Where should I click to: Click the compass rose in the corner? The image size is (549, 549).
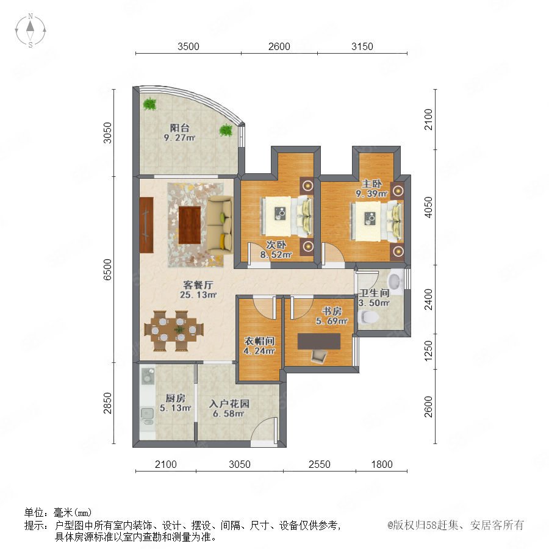pyautogui.click(x=30, y=30)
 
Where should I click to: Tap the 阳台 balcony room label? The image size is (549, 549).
pyautogui.click(x=179, y=128)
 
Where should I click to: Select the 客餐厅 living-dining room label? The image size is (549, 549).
pyautogui.click(x=198, y=285)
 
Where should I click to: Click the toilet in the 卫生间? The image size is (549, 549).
pyautogui.click(x=368, y=317)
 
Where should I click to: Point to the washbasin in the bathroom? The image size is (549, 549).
pyautogui.click(x=395, y=281)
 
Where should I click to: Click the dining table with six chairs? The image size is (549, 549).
pyautogui.click(x=174, y=330)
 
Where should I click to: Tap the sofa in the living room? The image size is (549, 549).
pyautogui.click(x=220, y=225)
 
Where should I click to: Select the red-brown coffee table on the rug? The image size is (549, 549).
pyautogui.click(x=190, y=224)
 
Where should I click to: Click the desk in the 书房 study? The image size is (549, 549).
pyautogui.click(x=319, y=342)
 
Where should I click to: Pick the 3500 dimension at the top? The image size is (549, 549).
pyautogui.click(x=188, y=46)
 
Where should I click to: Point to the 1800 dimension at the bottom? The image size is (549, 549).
pyautogui.click(x=382, y=464)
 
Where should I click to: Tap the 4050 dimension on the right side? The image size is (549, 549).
pyautogui.click(x=428, y=207)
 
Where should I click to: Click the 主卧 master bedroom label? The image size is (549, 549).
pyautogui.click(x=371, y=184)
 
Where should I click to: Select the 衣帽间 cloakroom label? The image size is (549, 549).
pyautogui.click(x=259, y=341)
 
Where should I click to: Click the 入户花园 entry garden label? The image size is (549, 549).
pyautogui.click(x=229, y=404)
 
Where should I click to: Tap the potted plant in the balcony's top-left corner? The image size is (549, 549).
pyautogui.click(x=150, y=104)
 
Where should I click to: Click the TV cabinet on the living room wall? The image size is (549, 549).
pyautogui.click(x=146, y=224)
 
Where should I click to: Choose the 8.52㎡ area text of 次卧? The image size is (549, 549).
pyautogui.click(x=276, y=255)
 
